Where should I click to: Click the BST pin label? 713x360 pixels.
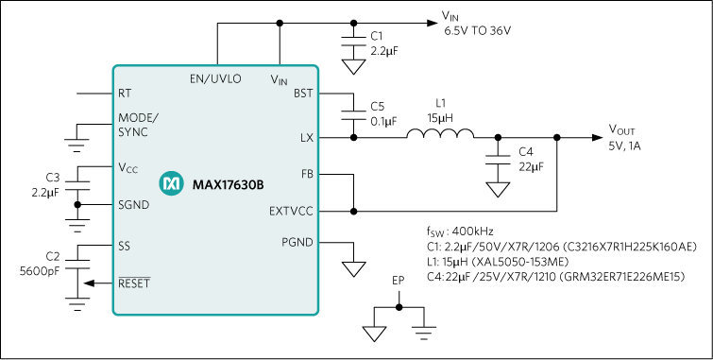coord(303,94)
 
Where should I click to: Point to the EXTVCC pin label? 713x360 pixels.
coord(291,212)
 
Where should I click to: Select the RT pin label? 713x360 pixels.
coord(125,94)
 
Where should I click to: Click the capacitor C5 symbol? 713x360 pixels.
coord(353,112)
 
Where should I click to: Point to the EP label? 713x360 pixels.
coord(398,281)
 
